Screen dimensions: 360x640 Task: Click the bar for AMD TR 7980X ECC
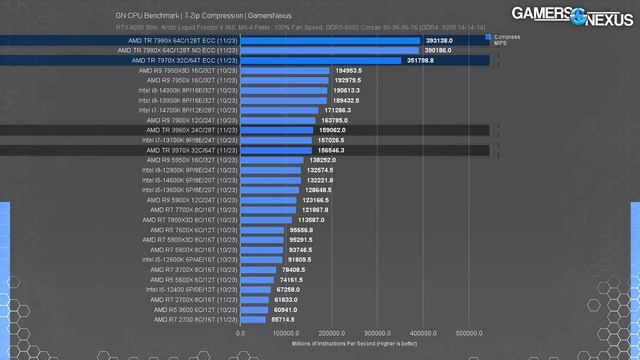(300, 41)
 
